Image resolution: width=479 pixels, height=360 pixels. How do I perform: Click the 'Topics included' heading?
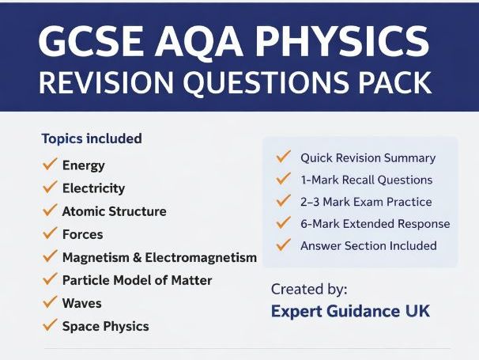pyautogui.click(x=92, y=138)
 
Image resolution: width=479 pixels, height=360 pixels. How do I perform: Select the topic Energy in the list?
pyautogui.click(x=83, y=165)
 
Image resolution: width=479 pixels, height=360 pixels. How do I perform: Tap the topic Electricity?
pyautogui.click(x=93, y=188)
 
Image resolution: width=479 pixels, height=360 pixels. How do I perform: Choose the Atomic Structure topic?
pyautogui.click(x=114, y=211)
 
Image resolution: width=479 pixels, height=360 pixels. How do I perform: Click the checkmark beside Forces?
pyautogui.click(x=49, y=233)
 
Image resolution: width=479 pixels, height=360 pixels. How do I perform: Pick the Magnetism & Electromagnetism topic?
pyautogui.click(x=159, y=257)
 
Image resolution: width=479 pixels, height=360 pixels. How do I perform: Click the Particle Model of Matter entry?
pyautogui.click(x=137, y=280)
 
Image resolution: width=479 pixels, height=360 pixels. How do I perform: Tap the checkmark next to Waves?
pyautogui.click(x=49, y=302)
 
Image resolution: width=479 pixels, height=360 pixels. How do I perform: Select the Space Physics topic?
pyautogui.click(x=105, y=326)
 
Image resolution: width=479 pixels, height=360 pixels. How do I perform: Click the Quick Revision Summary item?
pyautogui.click(x=368, y=157)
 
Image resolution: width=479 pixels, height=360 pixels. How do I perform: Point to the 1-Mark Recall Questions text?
pyautogui.click(x=366, y=180)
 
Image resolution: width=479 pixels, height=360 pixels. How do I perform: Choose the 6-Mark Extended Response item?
pyautogui.click(x=375, y=224)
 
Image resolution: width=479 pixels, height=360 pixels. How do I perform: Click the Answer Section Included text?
pyautogui.click(x=368, y=245)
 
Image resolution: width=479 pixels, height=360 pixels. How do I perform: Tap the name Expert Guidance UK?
pyautogui.click(x=350, y=311)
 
